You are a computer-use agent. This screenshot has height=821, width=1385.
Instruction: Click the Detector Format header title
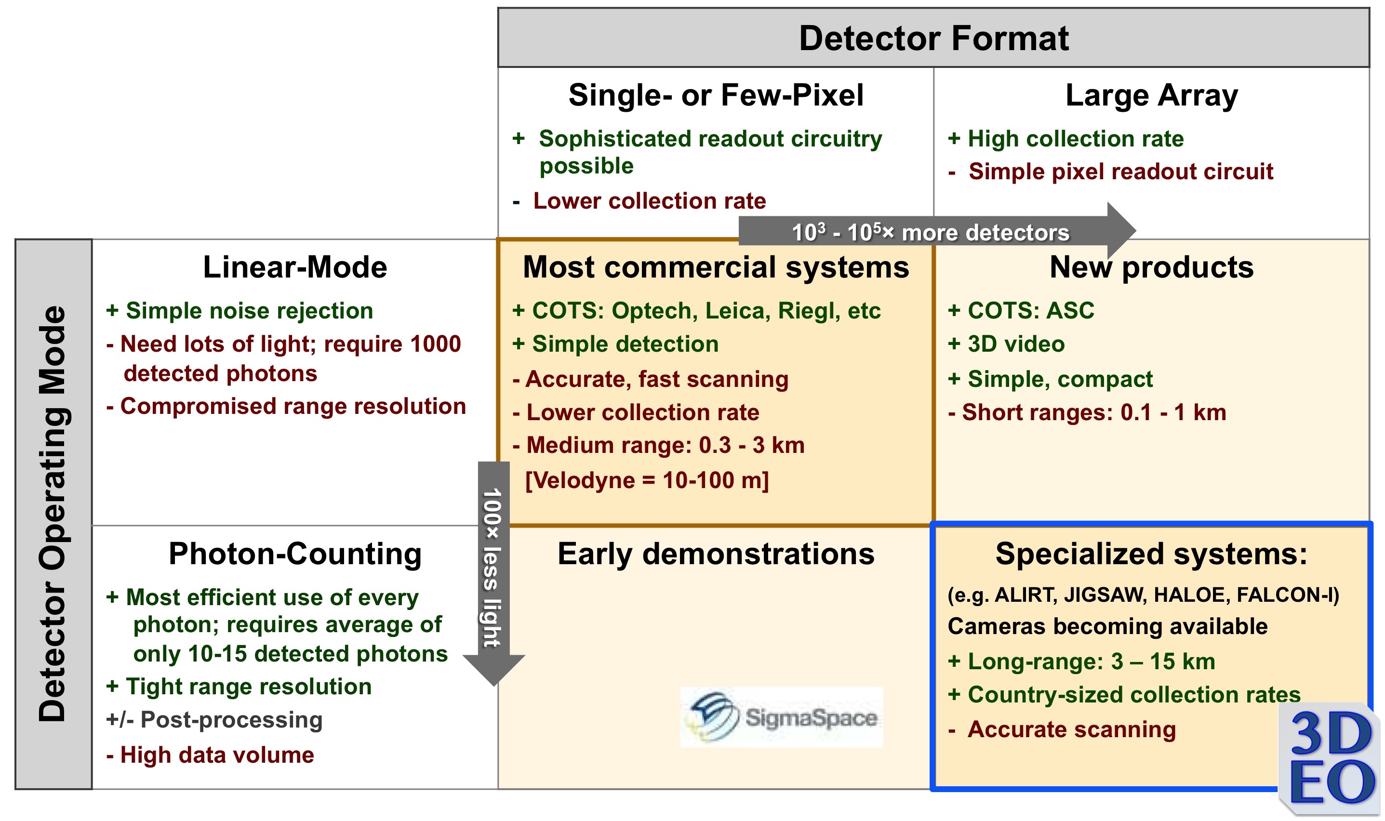[x=933, y=38]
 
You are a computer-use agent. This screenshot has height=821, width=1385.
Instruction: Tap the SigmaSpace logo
[x=781, y=717]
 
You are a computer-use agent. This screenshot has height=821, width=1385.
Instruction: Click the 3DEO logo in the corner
[x=1331, y=758]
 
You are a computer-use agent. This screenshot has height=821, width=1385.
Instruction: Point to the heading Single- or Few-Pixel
[x=716, y=95]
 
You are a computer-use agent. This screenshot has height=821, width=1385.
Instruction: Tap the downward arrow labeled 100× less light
[x=493, y=570]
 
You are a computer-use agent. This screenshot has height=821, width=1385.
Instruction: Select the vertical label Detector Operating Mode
[x=53, y=514]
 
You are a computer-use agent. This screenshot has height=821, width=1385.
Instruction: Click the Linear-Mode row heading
[x=295, y=267]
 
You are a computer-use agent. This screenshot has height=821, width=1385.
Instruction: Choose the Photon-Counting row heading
[x=295, y=554]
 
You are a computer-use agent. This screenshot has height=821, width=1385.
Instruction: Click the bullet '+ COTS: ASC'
[x=1021, y=310]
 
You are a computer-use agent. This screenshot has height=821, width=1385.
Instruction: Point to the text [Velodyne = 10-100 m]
[x=647, y=480]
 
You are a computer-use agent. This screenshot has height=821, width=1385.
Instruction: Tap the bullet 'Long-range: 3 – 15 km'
[x=1082, y=661]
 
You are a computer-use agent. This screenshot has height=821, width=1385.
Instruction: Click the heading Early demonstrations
[x=716, y=554]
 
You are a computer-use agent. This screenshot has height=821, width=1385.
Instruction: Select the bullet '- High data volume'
[x=210, y=755]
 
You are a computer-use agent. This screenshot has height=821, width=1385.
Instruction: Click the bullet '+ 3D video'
[x=1006, y=344]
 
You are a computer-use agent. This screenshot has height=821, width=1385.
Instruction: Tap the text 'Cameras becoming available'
[x=1107, y=626]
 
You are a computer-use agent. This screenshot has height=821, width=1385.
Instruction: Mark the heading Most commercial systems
[x=716, y=267]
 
